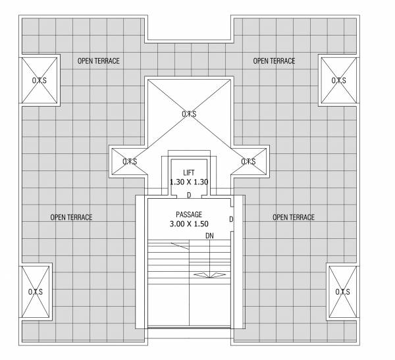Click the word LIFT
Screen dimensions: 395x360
click(x=189, y=172)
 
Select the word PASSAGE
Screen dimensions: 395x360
click(x=189, y=215)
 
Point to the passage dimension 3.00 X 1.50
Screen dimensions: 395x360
click(x=189, y=224)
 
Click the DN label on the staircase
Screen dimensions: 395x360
click(x=209, y=235)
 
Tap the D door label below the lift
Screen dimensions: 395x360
click(x=189, y=195)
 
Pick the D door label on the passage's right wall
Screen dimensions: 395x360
click(x=230, y=219)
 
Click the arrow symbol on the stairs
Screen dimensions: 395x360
click(x=209, y=274)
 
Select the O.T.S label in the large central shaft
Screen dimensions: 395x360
click(x=189, y=114)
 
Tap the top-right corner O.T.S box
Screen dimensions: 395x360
click(x=339, y=80)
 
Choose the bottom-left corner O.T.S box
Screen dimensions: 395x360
click(x=36, y=292)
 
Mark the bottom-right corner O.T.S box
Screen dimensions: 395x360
click(x=343, y=292)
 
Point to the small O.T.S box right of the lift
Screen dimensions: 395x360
click(x=248, y=161)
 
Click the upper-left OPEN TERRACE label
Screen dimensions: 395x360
click(x=99, y=61)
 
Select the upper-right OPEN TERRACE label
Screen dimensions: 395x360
click(x=274, y=61)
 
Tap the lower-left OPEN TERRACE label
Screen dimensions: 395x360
click(x=71, y=217)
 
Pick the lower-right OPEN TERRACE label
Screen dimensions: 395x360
click(x=294, y=217)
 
